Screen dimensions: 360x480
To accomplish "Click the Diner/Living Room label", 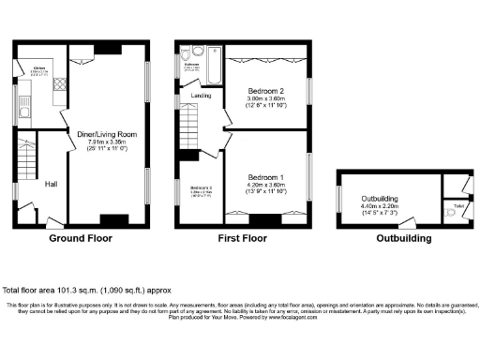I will (112, 134).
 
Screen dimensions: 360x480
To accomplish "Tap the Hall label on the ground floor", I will (52, 184).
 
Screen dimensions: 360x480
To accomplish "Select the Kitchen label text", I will (40, 68).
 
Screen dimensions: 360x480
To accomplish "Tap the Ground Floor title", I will (81, 239).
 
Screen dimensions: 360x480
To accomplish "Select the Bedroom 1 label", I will (267, 177).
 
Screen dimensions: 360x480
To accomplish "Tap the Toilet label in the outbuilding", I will (458, 205).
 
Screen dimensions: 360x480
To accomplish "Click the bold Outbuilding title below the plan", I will (404, 239).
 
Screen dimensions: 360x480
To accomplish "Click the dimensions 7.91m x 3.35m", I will (112, 142).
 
